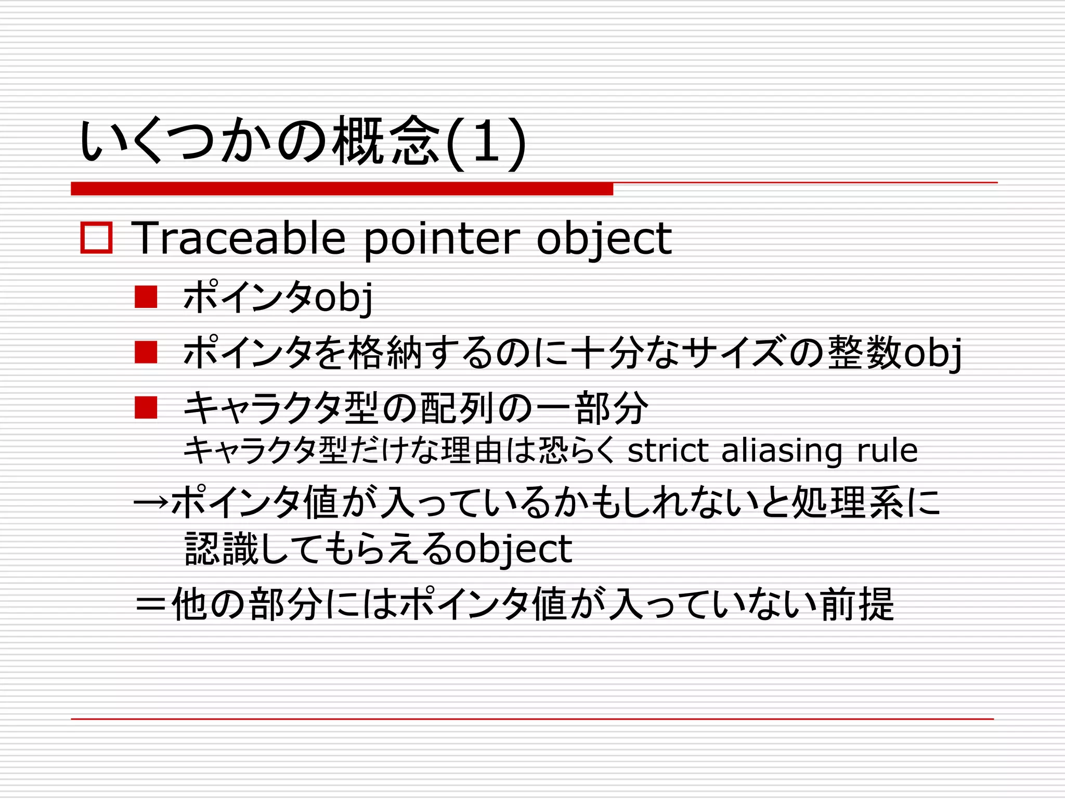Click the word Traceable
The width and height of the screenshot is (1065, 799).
(239, 239)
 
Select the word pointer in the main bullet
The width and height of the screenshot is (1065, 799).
(441, 240)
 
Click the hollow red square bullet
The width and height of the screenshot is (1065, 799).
(96, 238)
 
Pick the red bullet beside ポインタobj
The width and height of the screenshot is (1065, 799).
(146, 297)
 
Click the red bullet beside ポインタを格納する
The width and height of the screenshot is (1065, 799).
(146, 352)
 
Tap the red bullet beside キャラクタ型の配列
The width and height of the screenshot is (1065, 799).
(146, 407)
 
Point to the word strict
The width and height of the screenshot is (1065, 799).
(667, 450)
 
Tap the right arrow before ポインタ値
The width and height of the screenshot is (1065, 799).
(151, 502)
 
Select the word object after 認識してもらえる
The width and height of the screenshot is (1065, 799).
(513, 549)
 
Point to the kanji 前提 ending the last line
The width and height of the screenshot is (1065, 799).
(858, 604)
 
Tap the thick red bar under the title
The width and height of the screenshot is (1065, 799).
(342, 189)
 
